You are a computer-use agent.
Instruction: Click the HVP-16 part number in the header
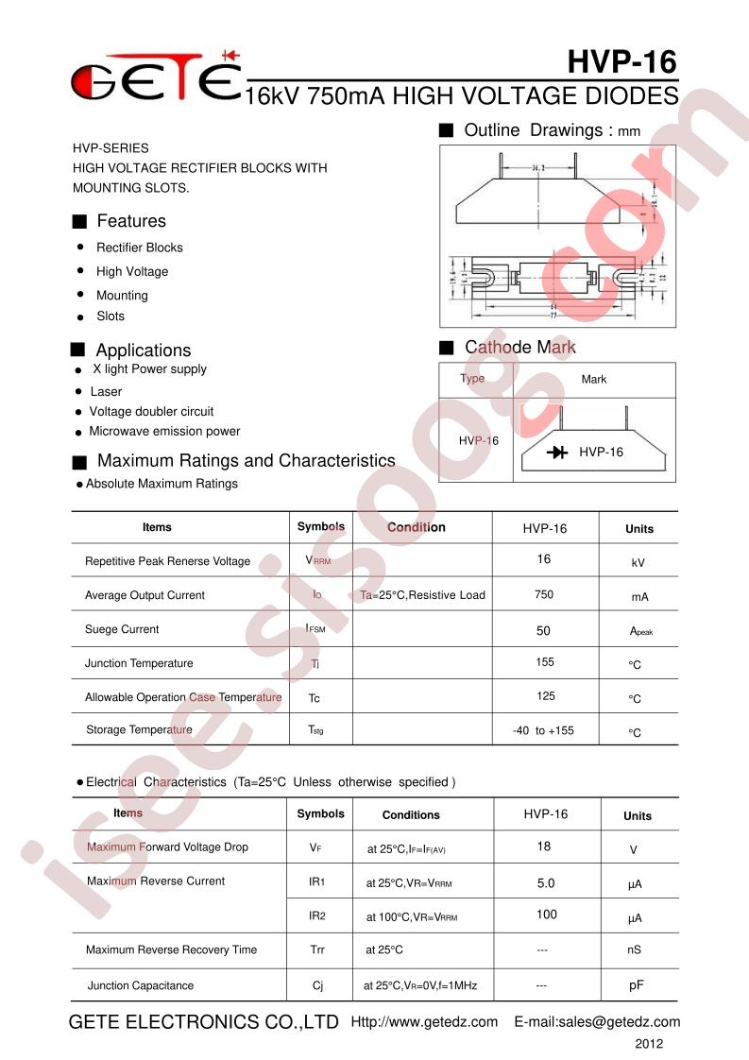click(622, 61)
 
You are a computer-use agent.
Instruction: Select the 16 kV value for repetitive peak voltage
click(543, 559)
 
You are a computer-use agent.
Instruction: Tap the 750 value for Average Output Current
click(543, 594)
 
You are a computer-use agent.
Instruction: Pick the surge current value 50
click(543, 630)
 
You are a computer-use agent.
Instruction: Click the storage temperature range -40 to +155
click(543, 730)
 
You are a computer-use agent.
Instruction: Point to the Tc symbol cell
click(315, 697)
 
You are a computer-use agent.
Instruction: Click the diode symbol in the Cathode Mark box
click(557, 453)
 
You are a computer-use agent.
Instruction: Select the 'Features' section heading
click(130, 221)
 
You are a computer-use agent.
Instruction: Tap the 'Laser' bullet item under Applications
click(106, 391)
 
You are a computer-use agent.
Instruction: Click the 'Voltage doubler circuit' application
click(151, 411)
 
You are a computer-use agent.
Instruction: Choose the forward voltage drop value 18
click(543, 846)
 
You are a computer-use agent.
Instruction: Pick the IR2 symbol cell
click(316, 915)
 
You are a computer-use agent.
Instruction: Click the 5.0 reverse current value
click(545, 883)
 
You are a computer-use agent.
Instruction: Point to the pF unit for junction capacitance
click(636, 985)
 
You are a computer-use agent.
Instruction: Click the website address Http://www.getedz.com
click(424, 1022)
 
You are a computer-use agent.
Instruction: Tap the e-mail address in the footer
click(597, 1022)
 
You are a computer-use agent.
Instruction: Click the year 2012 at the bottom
click(648, 1044)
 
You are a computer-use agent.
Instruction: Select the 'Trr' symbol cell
click(316, 949)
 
